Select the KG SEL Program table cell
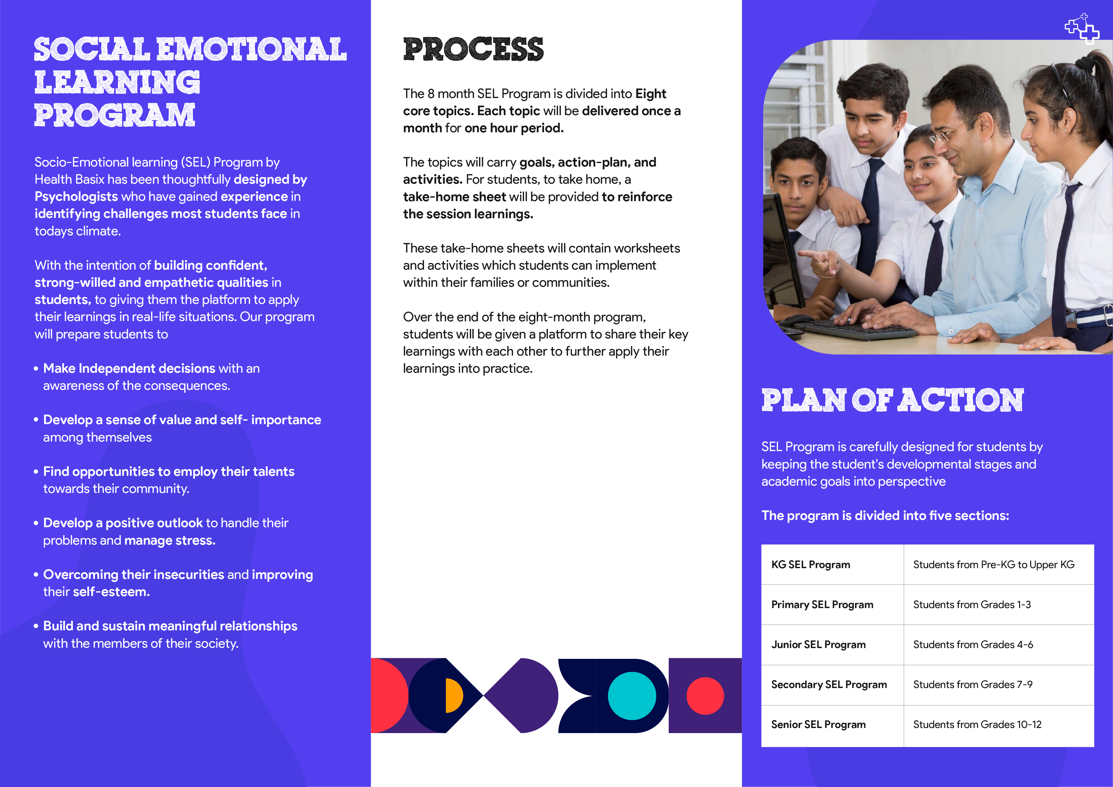click(x=832, y=564)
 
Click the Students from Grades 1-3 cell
click(x=998, y=605)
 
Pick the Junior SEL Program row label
click(x=818, y=645)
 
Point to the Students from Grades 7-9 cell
click(x=998, y=685)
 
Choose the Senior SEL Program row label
click(x=818, y=725)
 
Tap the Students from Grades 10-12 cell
click(x=998, y=726)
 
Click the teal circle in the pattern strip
click(x=632, y=696)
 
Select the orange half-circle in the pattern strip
click(x=453, y=696)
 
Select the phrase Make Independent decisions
click(x=129, y=369)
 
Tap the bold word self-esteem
click(x=111, y=592)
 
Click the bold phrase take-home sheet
click(x=454, y=197)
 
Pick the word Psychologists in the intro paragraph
click(x=76, y=196)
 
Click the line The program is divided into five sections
click(x=885, y=515)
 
